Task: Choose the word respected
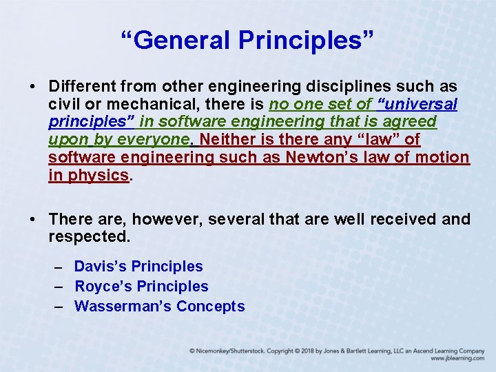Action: [89, 237]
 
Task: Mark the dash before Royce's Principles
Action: [58, 287]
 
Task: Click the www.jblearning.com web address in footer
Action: [457, 359]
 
